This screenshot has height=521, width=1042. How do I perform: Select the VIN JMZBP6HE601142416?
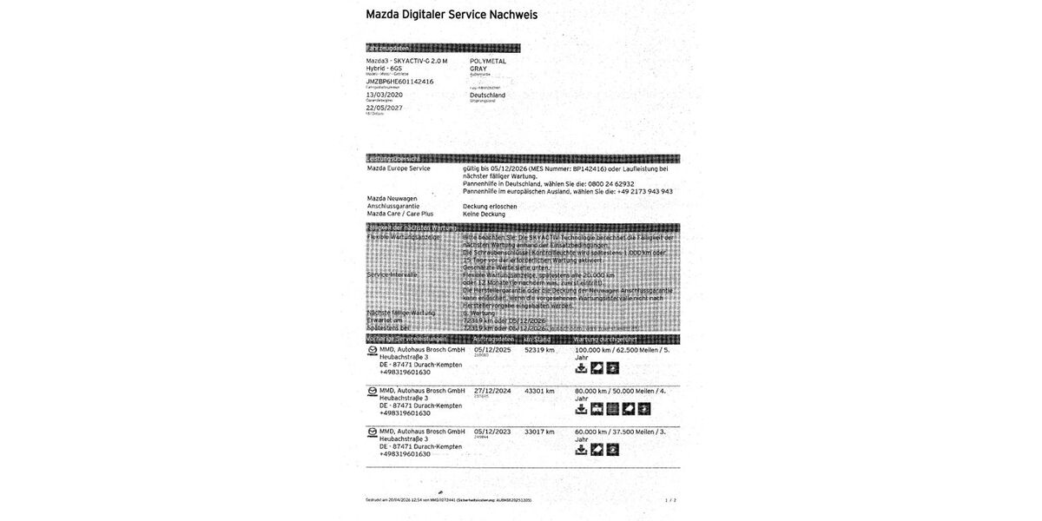tap(399, 81)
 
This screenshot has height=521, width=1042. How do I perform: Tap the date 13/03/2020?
tap(386, 94)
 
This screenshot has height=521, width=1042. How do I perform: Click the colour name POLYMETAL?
tap(488, 62)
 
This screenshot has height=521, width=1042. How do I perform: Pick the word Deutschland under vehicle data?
tap(487, 95)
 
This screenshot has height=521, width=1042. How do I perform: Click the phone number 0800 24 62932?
tap(612, 184)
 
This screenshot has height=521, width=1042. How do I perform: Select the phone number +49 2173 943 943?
tap(643, 191)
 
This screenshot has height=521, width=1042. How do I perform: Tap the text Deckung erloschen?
tap(490, 206)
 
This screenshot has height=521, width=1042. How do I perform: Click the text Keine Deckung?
tap(484, 214)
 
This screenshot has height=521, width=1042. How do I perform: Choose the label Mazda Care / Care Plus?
tap(399, 214)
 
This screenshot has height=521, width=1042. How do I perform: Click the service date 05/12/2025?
tap(493, 350)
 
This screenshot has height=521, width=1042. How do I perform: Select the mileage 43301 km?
tap(539, 391)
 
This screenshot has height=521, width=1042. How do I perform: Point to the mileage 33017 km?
tap(539, 432)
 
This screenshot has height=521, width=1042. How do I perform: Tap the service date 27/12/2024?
tap(493, 391)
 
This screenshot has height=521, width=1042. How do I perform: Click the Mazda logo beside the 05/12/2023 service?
tap(373, 432)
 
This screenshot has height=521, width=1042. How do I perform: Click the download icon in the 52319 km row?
tap(582, 368)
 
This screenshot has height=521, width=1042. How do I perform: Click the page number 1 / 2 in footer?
tap(670, 500)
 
